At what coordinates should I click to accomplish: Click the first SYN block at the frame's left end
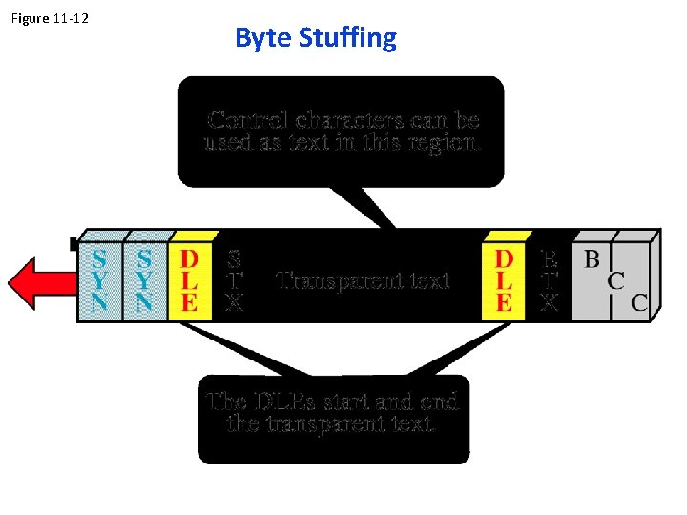click(x=99, y=281)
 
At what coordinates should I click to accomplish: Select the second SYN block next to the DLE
click(x=144, y=281)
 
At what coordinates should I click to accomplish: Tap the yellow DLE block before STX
click(x=190, y=281)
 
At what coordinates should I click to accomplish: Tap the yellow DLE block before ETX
click(x=505, y=281)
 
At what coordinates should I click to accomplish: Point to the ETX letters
click(x=550, y=281)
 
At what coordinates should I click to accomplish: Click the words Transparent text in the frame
click(x=363, y=280)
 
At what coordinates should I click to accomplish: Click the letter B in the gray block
click(x=593, y=258)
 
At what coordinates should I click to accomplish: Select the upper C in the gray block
click(x=616, y=281)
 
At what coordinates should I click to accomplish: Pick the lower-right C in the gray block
click(x=639, y=303)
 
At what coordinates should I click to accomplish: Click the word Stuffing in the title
click(x=347, y=38)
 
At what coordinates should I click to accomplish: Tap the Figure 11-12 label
click(x=50, y=18)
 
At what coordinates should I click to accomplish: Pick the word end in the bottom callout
click(x=439, y=402)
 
